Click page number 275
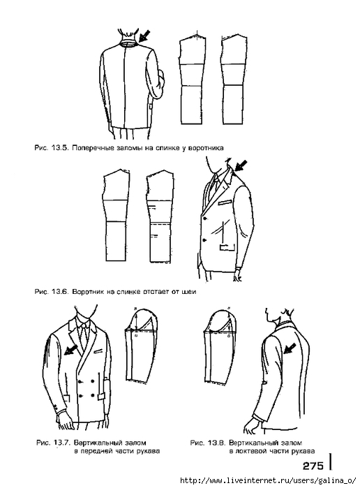[313, 466]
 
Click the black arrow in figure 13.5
[144, 36]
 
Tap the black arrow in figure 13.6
[241, 165]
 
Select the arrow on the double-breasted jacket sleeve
[70, 350]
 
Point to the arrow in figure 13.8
[290, 348]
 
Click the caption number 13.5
[59, 147]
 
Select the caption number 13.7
[61, 442]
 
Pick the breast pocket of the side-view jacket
[225, 202]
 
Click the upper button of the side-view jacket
[205, 218]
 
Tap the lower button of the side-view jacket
[205, 239]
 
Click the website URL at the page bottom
[268, 480]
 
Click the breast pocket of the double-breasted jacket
[98, 351]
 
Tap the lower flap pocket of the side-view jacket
[227, 248]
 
